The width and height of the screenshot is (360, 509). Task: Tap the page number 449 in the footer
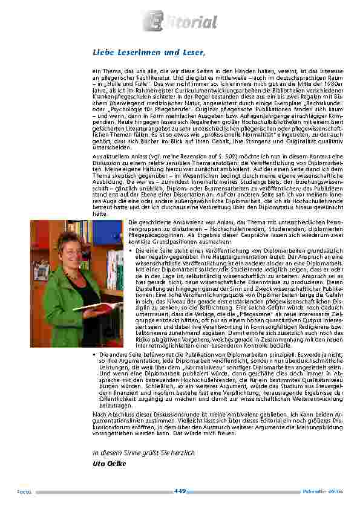tap(180, 491)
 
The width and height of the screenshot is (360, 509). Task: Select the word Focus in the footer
tap(24, 491)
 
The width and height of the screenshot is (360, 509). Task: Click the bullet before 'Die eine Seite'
tap(131, 250)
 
